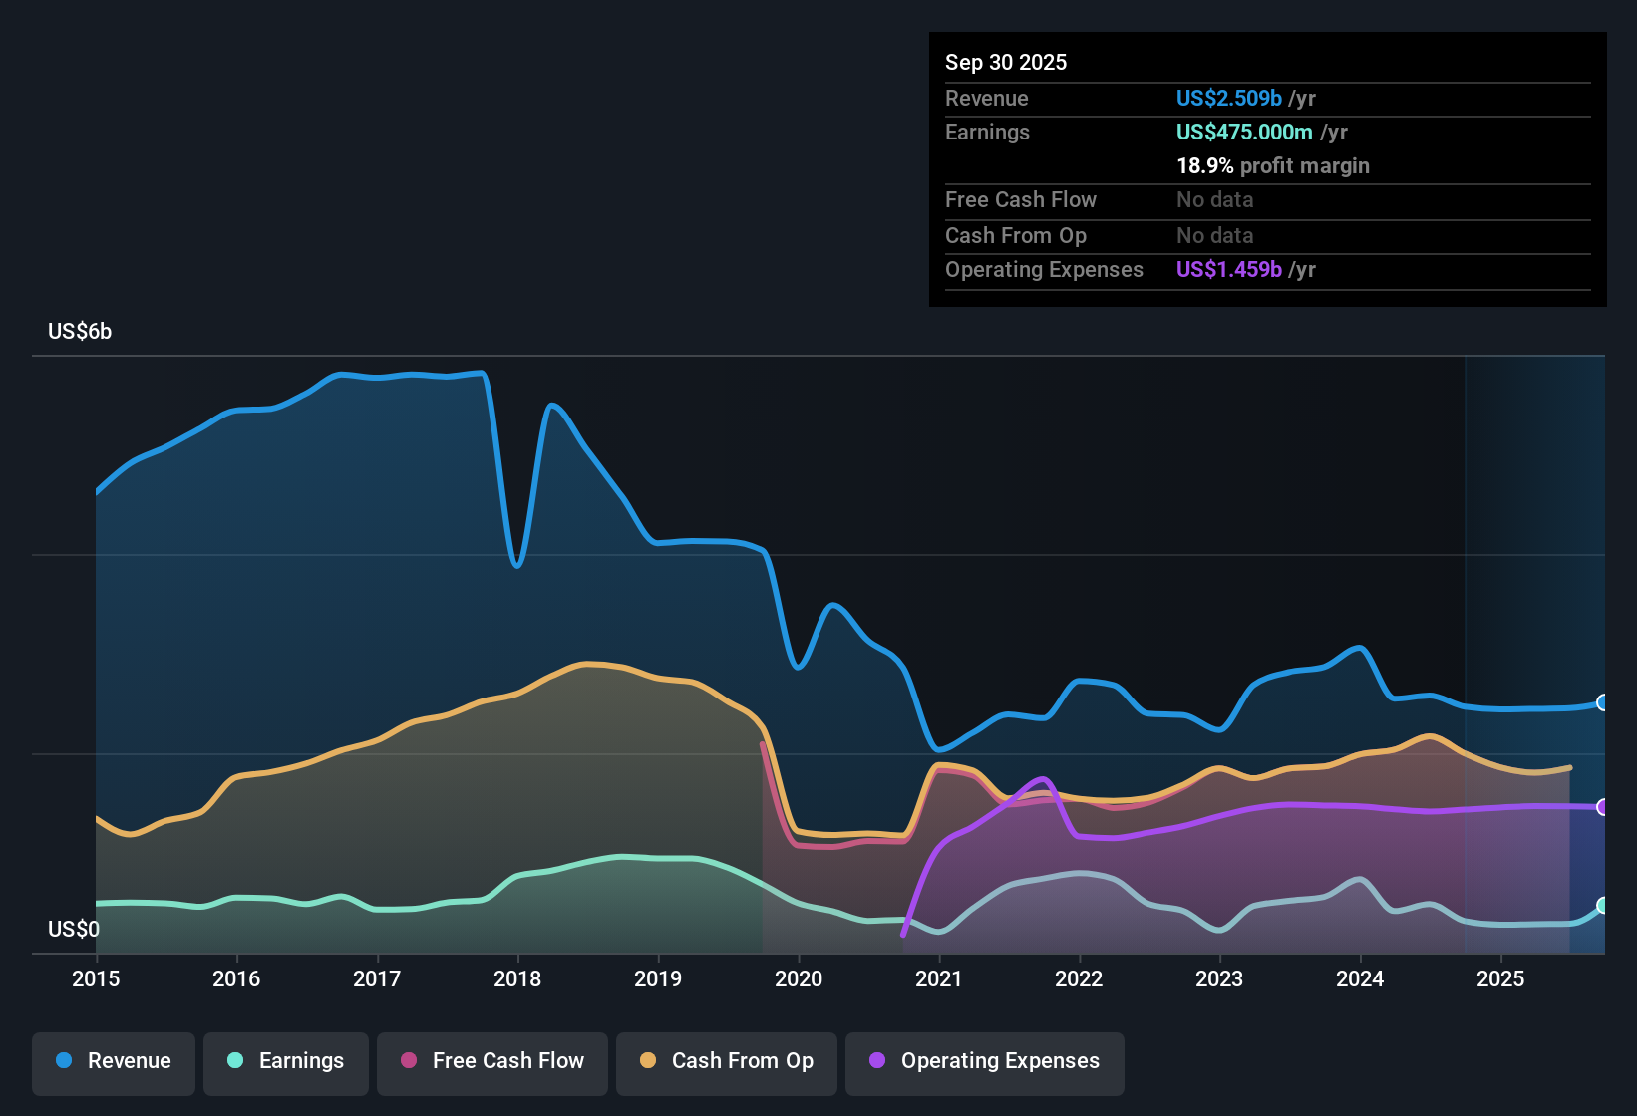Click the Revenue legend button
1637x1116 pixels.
tap(114, 1061)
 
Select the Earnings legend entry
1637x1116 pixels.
tap(286, 1061)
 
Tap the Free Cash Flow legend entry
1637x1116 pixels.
tap(492, 1061)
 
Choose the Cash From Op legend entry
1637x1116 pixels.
tap(727, 1061)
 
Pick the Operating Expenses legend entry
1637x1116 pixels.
tap(985, 1061)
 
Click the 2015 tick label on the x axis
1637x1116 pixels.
tap(96, 978)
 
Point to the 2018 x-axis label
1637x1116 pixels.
tap(517, 978)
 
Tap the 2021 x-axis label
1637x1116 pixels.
tap(939, 978)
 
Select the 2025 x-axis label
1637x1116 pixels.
tap(1500, 978)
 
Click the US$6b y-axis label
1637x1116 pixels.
tap(80, 332)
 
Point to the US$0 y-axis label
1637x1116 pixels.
tap(74, 930)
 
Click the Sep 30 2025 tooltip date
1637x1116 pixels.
tap(1006, 63)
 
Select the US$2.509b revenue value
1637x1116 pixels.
tap(1228, 99)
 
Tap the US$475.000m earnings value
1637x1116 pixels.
tap(1243, 133)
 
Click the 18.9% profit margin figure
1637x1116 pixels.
tap(1204, 166)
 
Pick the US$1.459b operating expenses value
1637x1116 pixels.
tap(1228, 270)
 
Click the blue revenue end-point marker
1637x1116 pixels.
tap(1602, 702)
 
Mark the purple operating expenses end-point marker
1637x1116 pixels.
tap(1602, 807)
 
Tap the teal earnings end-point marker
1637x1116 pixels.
tap(1602, 905)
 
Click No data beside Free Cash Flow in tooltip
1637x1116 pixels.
tap(1214, 200)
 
